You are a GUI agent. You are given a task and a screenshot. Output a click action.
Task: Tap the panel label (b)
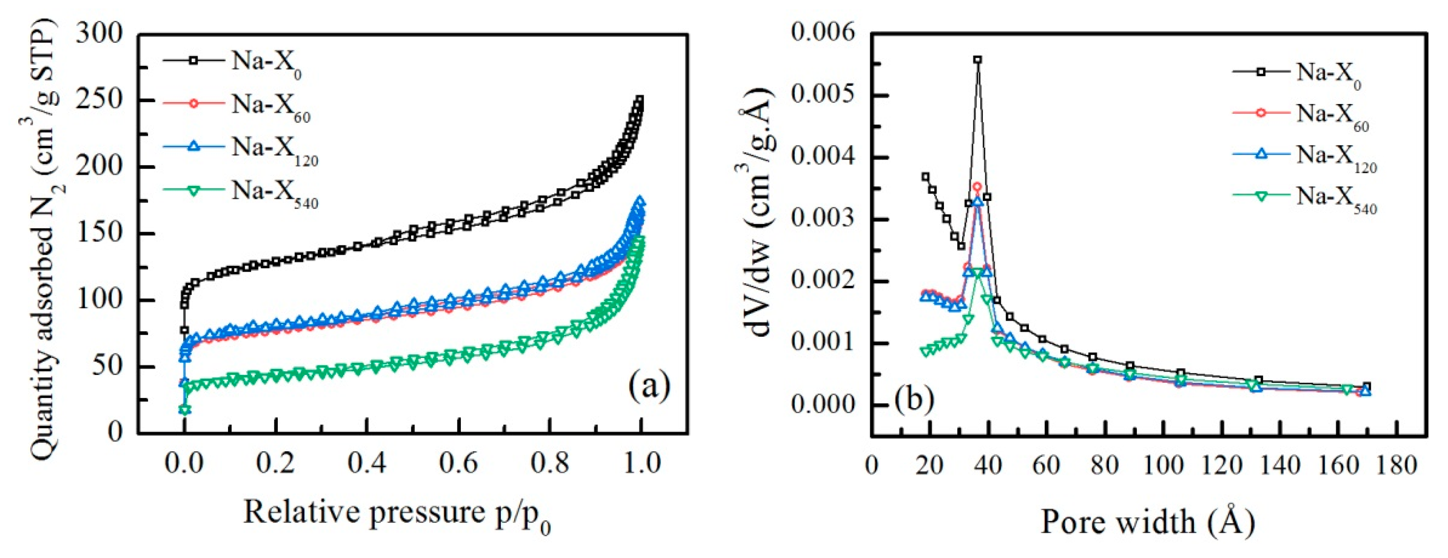tap(915, 397)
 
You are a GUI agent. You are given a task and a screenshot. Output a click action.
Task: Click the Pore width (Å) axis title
tap(1148, 522)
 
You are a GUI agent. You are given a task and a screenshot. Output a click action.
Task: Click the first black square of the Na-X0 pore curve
tap(925, 177)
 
